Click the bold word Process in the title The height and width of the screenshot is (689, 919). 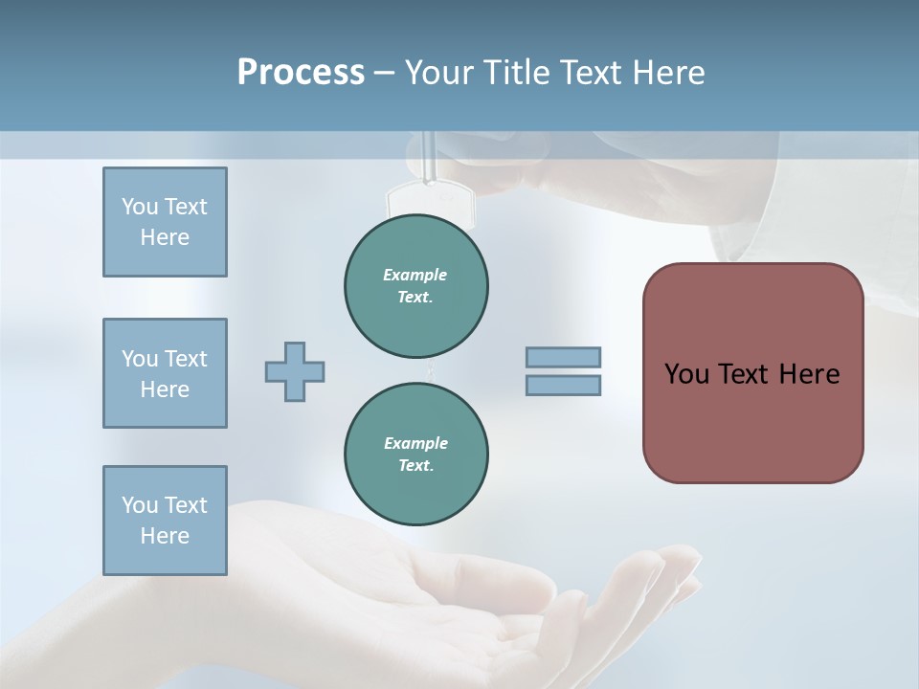pos(301,73)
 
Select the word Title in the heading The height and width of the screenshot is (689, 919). pos(518,73)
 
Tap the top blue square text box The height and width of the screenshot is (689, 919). pos(165,222)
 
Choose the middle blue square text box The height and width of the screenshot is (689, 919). pos(165,373)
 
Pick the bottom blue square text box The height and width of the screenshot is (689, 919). pos(165,521)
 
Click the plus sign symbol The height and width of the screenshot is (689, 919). pos(295,371)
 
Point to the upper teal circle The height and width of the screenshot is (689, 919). pos(416,285)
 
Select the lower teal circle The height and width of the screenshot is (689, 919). pos(416,454)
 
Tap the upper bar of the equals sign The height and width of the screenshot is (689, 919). pos(563,357)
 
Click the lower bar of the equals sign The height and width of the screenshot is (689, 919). pos(563,385)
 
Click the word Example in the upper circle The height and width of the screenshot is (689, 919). pos(415,275)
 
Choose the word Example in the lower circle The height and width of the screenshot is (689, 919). pos(415,443)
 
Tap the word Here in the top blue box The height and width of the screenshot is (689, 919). pos(165,237)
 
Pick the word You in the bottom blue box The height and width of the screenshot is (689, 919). pos(140,505)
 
